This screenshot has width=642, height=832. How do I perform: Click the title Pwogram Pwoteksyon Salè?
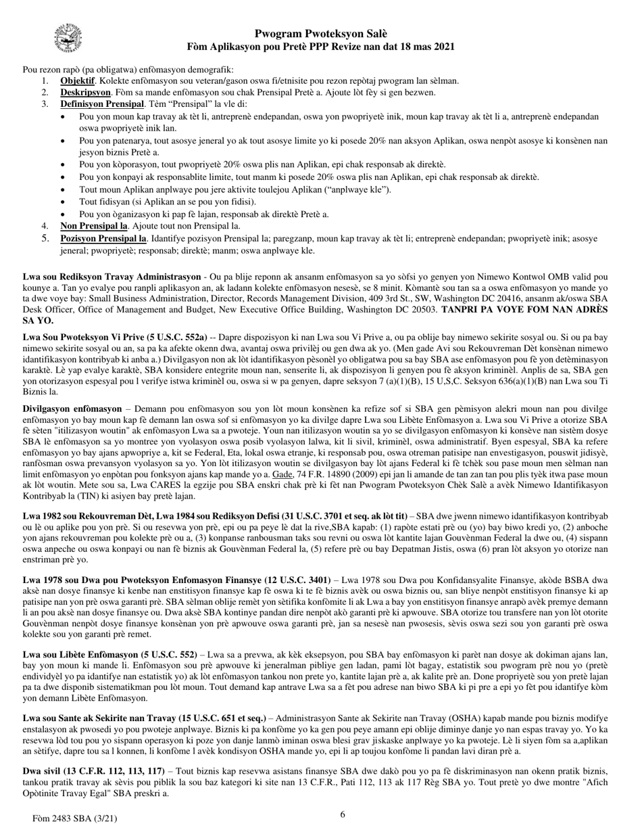click(321, 34)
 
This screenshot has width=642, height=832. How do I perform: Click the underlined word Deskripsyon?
click(85, 92)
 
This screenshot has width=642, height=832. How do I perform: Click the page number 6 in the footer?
click(343, 814)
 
